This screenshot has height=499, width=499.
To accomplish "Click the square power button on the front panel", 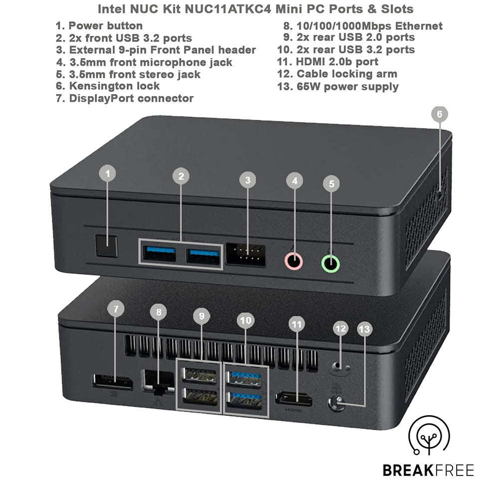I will [x=106, y=246].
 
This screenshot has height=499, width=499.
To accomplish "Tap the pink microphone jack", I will [x=293, y=261].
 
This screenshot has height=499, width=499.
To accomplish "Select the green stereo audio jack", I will [x=330, y=263].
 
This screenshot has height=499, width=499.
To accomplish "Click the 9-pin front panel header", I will [x=246, y=254].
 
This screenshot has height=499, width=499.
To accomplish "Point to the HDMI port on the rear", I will [x=293, y=399].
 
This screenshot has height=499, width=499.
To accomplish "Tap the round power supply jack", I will [x=337, y=403].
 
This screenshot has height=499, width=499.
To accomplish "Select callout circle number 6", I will [x=439, y=114].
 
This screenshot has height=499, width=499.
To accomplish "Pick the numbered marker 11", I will [x=297, y=325].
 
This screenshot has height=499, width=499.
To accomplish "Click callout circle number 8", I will [x=159, y=313].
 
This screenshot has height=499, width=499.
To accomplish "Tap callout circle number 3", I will [x=248, y=179].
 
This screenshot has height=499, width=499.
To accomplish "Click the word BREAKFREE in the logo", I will [x=428, y=470].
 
